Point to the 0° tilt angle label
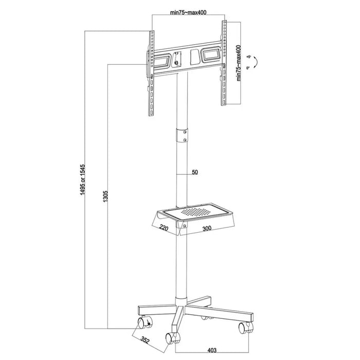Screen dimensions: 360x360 [248, 68]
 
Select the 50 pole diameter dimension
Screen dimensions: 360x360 [194, 172]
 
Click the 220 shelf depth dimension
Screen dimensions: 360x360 [165, 226]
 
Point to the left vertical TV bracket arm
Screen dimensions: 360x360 [151, 72]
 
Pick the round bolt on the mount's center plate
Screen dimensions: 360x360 [177, 63]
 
